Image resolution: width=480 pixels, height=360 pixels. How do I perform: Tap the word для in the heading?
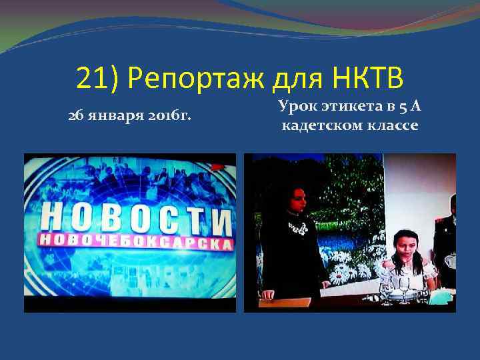click(x=299, y=79)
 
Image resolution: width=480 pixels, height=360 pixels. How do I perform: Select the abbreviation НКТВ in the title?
click(x=367, y=79)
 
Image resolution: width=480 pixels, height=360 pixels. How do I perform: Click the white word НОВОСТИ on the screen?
click(x=136, y=217)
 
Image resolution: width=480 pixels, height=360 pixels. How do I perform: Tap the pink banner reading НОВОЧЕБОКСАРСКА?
click(x=136, y=242)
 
